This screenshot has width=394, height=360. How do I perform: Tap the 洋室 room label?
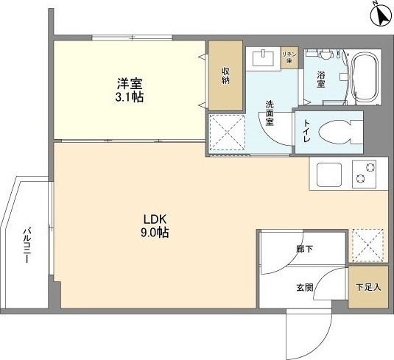coord(123,84)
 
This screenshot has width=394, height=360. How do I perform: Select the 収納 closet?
coord(226,77)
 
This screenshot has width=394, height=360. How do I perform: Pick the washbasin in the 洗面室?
coord(263,57)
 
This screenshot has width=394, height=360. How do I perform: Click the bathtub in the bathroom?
coord(365,77)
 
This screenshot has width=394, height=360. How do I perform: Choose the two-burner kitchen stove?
coord(362,176)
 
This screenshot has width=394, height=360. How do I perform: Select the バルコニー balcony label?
coord(24,249)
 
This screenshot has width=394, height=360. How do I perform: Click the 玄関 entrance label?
coord(304,287)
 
